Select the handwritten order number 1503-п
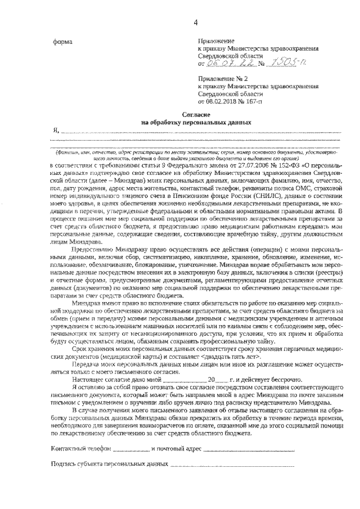(x=281, y=64)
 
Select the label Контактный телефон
(x=81, y=450)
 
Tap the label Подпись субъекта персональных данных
(x=110, y=465)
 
